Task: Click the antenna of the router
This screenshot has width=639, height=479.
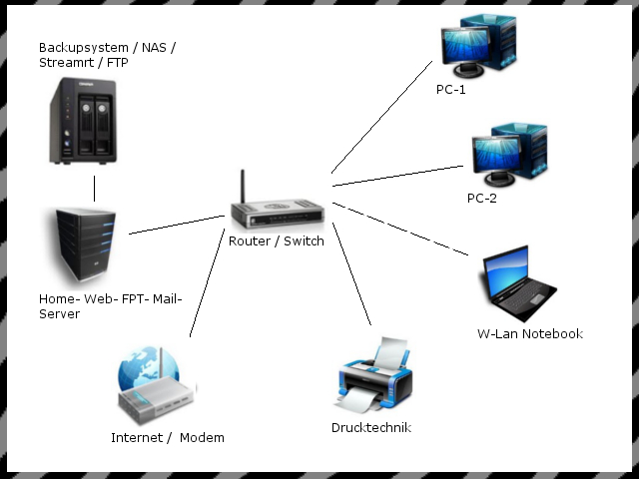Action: pos(242,188)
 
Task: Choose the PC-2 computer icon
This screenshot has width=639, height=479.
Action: pos(507,155)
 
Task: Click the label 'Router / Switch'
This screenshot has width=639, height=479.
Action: pos(276,241)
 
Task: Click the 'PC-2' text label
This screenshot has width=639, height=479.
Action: pos(481,198)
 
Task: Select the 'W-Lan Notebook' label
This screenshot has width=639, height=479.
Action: pos(529,333)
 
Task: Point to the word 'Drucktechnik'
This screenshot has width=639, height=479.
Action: pos(371,428)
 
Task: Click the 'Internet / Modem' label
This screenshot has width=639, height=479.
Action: pos(168,437)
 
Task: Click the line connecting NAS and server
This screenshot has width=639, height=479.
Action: pos(96,188)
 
